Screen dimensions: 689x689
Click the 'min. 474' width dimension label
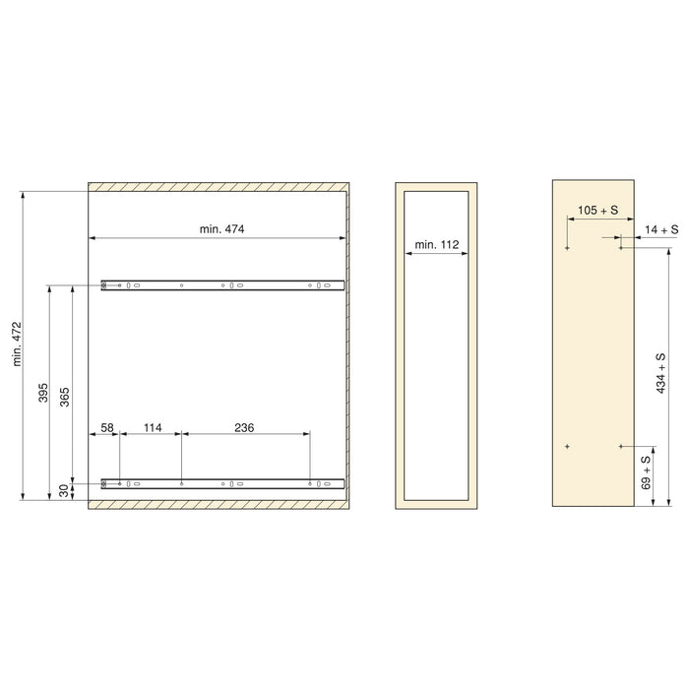[x=220, y=229]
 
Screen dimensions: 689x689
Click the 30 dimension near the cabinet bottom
[x=65, y=490]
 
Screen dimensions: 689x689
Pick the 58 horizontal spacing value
[x=107, y=427]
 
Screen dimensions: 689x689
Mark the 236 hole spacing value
[x=246, y=427]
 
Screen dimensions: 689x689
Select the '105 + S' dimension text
[x=597, y=211]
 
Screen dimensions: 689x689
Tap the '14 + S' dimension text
[x=662, y=229]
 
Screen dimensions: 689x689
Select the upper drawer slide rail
[x=221, y=285]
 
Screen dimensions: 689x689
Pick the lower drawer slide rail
[x=221, y=483]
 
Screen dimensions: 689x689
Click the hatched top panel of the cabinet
[x=219, y=187]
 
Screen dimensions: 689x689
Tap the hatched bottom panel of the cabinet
[x=219, y=504]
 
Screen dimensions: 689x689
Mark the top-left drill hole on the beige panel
[x=568, y=249]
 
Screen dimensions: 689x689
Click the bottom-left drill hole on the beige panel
[x=568, y=447]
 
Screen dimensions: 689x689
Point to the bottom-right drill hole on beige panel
[x=621, y=447]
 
